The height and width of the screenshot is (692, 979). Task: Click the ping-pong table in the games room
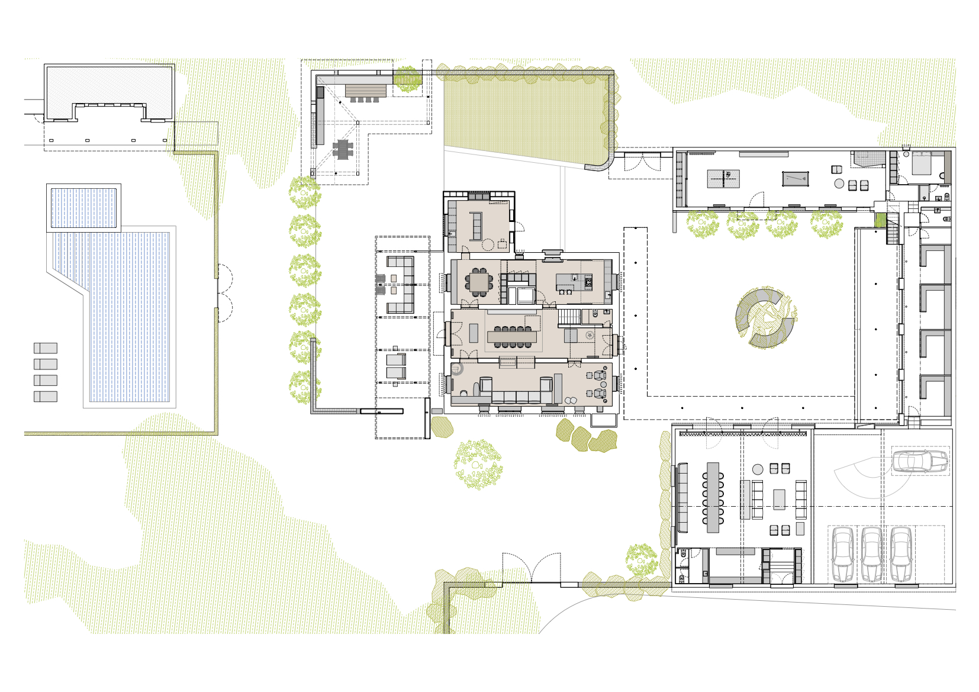[724, 178]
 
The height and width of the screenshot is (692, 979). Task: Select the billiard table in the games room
[795, 178]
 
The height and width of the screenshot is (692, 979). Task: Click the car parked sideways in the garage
[920, 461]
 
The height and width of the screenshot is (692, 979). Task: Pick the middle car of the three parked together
[871, 554]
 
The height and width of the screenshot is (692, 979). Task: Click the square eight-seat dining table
[479, 282]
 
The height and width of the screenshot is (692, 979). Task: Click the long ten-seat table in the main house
[512, 337]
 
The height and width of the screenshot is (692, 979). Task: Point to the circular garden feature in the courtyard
[765, 318]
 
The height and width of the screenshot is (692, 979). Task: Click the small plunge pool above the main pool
[83, 207]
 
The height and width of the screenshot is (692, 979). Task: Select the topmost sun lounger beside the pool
[46, 348]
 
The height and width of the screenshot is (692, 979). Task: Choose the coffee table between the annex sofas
[779, 499]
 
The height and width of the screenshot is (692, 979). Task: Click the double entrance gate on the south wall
[532, 568]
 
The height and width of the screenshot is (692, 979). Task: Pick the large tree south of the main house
[478, 464]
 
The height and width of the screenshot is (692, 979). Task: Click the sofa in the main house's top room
[475, 225]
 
